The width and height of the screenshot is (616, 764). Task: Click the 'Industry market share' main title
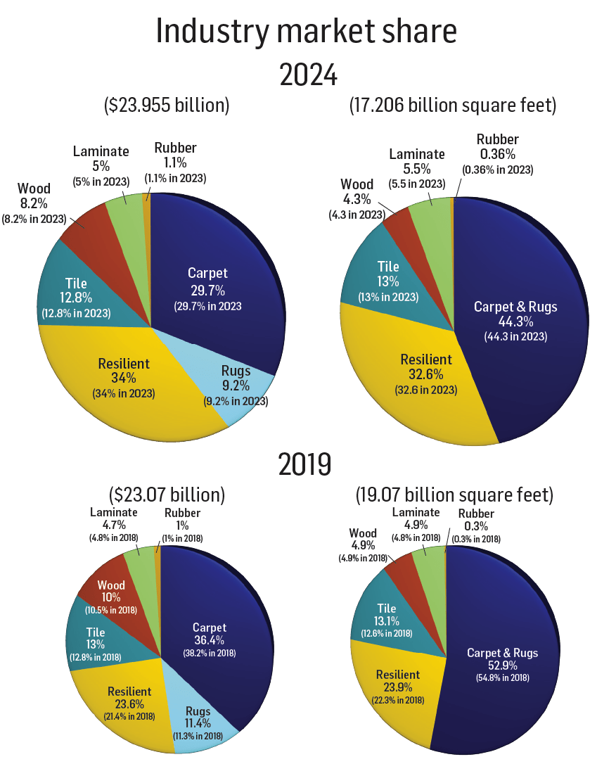(307, 32)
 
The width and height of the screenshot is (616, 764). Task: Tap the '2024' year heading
(308, 74)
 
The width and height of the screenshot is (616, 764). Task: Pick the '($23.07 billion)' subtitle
(167, 494)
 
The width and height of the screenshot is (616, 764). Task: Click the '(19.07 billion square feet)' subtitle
(452, 494)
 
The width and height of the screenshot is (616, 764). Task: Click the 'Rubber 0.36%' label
(497, 154)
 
